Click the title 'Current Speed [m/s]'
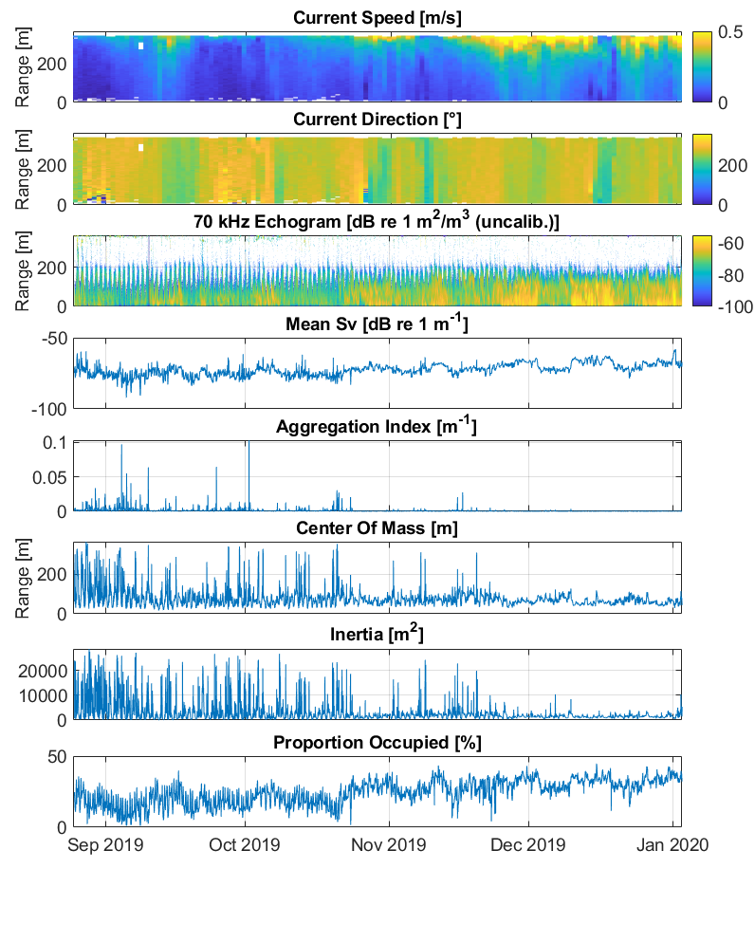pos(377,18)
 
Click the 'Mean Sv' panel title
pos(377,325)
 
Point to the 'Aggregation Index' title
pos(377,427)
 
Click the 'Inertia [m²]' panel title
pos(377,634)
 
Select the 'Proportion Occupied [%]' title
pos(377,743)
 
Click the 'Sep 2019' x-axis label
pos(105,843)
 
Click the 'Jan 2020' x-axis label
pos(672,843)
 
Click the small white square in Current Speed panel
pos(140,46)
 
